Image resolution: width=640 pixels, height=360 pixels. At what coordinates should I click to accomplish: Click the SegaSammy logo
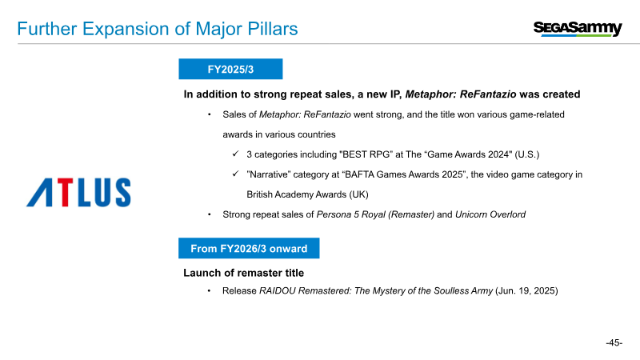point(578,29)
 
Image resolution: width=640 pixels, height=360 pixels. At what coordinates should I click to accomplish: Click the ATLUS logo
point(78,192)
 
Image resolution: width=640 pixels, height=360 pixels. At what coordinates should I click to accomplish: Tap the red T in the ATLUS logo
point(65,192)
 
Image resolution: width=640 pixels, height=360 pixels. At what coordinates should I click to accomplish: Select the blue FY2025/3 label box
point(230,69)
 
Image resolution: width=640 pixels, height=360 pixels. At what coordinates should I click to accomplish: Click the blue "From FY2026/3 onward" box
point(249,248)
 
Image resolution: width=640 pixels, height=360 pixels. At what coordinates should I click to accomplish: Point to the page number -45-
point(614,342)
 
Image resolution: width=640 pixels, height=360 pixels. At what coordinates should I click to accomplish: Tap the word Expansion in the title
point(135,30)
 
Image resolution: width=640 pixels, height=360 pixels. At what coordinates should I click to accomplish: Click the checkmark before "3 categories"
point(235,154)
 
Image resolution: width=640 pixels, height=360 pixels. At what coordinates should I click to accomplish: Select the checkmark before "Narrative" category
point(235,174)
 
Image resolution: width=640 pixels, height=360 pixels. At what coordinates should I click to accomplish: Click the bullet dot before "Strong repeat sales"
point(210,214)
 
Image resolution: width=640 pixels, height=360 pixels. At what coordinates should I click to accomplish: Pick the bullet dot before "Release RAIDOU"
point(209,290)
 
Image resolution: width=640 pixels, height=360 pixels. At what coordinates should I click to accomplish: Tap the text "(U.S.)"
point(527,154)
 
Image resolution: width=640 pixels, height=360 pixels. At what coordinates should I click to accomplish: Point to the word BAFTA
point(359,174)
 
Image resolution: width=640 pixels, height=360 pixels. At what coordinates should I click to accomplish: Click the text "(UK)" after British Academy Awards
point(358,194)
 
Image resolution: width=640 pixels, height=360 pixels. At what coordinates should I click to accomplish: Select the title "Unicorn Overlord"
point(490,214)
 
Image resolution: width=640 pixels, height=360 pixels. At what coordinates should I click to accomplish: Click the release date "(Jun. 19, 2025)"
point(526,290)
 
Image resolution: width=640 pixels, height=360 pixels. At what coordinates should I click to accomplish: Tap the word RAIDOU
point(277,290)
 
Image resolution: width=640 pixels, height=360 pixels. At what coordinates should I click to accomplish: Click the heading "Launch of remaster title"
point(244,273)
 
